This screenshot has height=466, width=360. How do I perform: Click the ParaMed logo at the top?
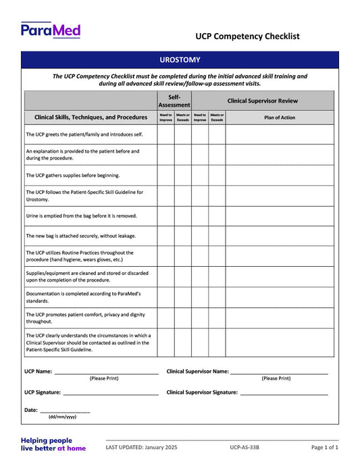pos(51,30)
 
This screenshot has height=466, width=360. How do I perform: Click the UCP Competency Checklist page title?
pos(247,36)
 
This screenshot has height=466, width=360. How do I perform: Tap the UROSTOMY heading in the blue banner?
pos(180,60)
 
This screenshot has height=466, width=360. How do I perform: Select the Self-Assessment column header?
pos(174,101)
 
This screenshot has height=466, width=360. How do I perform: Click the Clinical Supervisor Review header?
pos(262,101)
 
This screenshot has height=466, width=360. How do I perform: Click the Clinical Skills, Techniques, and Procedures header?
pos(91,117)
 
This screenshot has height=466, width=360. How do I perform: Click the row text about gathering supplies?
pos(72,175)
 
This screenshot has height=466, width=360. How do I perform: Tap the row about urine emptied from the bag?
pos(81,216)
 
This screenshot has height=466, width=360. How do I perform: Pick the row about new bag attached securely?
pos(80,236)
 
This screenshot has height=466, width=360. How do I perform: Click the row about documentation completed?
pos(82,297)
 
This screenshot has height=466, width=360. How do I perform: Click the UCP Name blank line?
pos(106,372)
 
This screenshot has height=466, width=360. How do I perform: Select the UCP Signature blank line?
pos(111,393)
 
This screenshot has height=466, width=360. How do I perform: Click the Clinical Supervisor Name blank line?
pos(279,372)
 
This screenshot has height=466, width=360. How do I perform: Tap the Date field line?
pos(65,411)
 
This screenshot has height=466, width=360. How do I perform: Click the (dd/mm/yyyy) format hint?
pos(62,417)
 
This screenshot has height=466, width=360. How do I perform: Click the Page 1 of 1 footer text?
pos(325,447)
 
